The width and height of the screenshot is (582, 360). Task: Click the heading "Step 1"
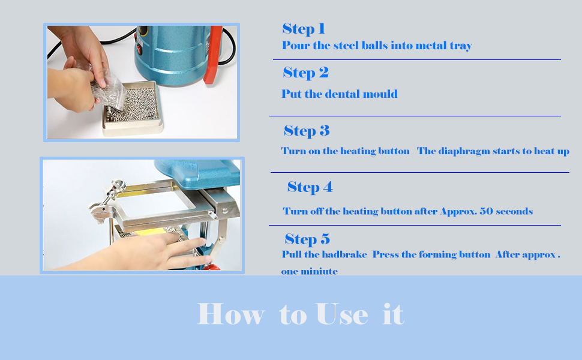point(304,29)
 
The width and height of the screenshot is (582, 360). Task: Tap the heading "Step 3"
point(307,131)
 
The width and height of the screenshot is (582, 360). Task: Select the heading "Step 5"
point(307,239)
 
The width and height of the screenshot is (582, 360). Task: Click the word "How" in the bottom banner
point(230,314)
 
